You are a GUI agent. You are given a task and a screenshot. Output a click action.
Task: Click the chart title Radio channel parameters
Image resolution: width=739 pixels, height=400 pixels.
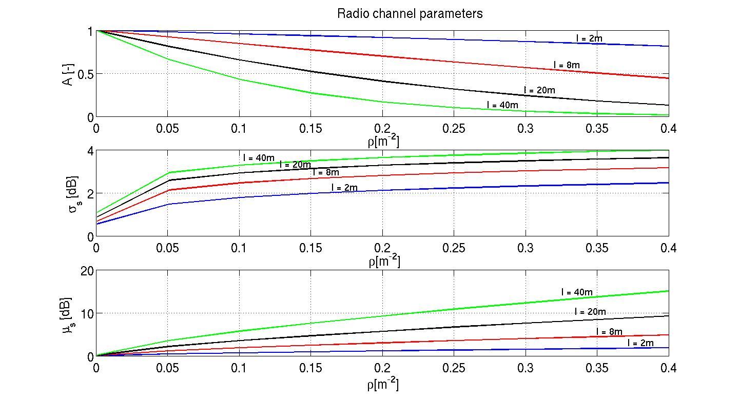click(x=410, y=14)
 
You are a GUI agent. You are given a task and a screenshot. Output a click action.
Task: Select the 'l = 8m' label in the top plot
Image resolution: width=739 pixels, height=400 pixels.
click(x=567, y=65)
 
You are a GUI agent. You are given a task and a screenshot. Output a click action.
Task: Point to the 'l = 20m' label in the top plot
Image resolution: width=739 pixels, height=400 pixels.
click(x=539, y=90)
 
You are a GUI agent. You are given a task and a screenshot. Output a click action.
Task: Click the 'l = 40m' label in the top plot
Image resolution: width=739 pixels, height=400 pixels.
click(x=502, y=105)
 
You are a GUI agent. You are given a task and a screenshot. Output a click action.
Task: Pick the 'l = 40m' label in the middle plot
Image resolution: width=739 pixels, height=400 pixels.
click(x=259, y=158)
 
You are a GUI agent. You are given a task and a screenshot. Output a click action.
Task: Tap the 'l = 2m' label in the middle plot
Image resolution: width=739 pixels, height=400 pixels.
click(x=344, y=188)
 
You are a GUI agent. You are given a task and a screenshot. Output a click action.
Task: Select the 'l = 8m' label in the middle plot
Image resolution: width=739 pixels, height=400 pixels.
click(x=325, y=172)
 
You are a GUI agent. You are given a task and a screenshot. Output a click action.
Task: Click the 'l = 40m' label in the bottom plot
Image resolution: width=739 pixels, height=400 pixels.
click(x=577, y=292)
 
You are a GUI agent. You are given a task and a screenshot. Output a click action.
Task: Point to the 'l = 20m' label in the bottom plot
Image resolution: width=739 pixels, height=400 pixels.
click(x=590, y=312)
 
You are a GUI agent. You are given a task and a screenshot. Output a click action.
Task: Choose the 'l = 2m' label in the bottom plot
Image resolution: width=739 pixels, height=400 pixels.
click(x=640, y=343)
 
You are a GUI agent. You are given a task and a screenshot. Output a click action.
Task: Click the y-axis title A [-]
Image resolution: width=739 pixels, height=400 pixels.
click(x=69, y=74)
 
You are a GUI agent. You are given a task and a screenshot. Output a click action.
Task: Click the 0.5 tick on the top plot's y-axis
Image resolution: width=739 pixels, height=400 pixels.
click(x=84, y=74)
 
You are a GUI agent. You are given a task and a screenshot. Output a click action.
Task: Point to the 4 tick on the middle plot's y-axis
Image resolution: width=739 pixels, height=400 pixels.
click(x=90, y=151)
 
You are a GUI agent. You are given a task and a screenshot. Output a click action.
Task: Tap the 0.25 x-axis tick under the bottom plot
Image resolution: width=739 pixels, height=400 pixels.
click(x=454, y=368)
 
